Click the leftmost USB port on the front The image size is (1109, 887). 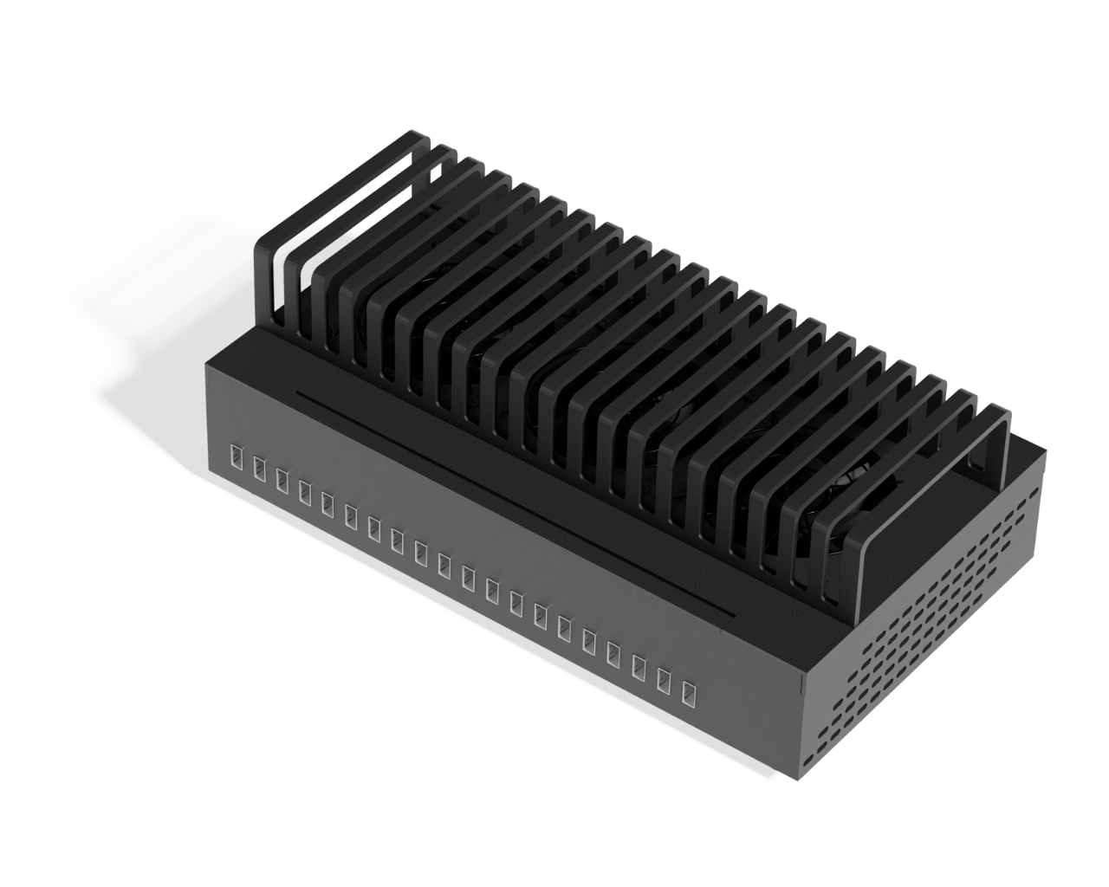235,455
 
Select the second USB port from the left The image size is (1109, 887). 258,466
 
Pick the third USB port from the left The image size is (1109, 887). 282,477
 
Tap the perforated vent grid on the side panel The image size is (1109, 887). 936,632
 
